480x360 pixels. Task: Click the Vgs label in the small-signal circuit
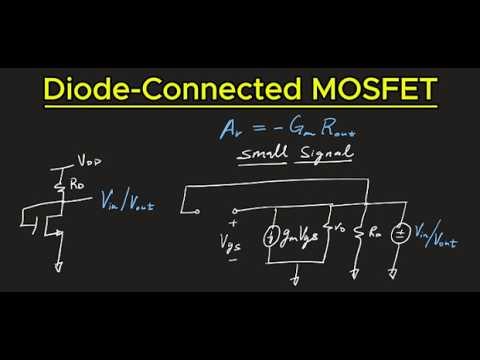click(x=235, y=241)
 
